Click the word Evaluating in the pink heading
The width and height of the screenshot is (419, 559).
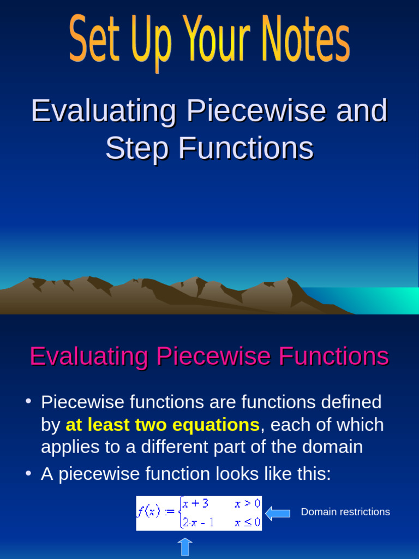point(88,357)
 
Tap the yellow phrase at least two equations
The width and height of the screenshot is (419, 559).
point(163,425)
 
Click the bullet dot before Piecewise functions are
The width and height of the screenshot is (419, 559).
point(28,402)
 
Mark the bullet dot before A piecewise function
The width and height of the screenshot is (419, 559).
point(28,474)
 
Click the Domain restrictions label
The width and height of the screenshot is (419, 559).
point(345,512)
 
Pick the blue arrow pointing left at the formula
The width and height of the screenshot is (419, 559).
point(277,513)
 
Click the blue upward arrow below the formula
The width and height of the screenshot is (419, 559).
point(185,548)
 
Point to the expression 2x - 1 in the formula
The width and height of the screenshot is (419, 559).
point(197,523)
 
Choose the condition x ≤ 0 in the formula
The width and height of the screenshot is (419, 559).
point(247,523)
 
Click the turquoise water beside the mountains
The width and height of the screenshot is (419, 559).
point(376,300)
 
